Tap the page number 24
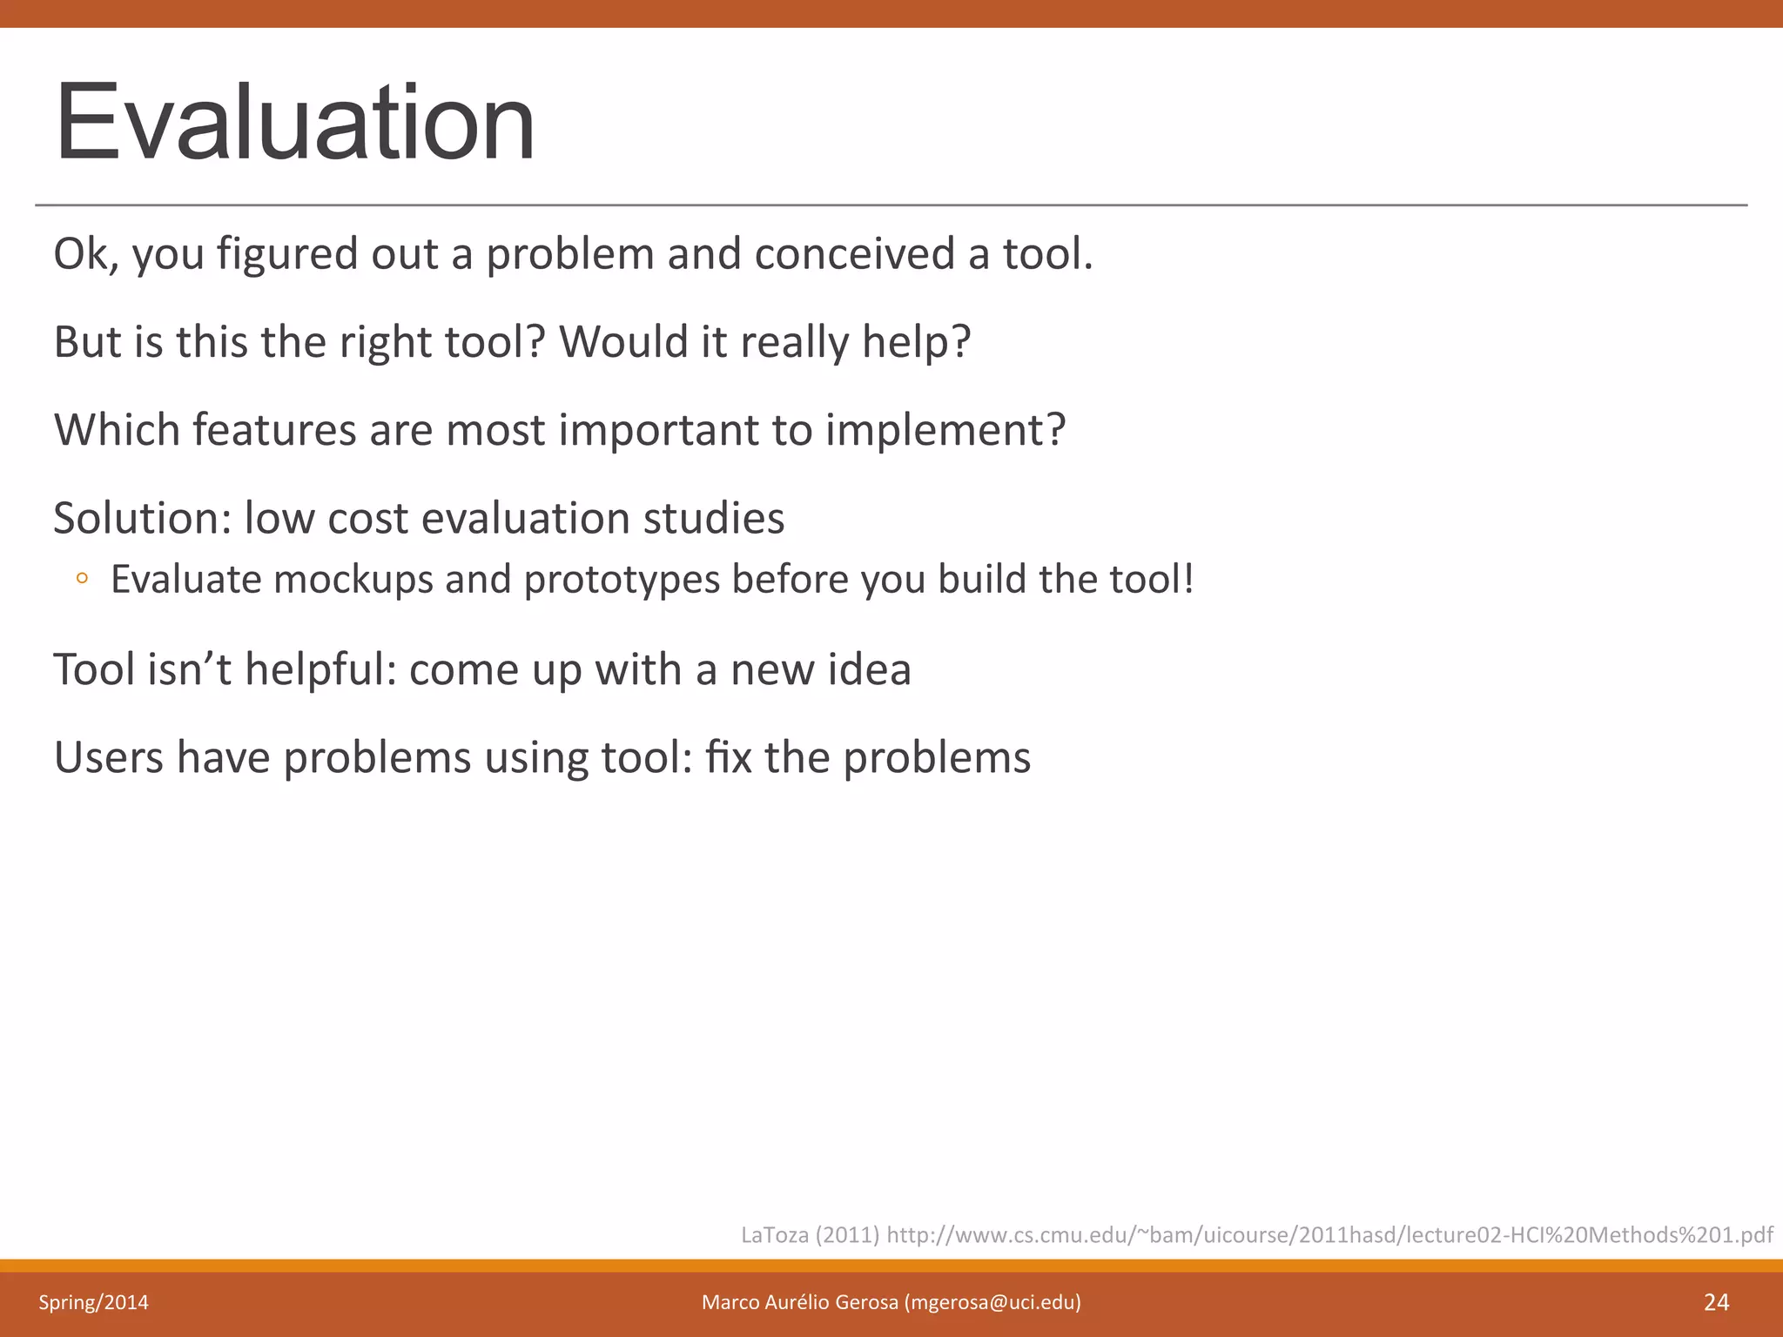1716,1302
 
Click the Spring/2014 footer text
93,1302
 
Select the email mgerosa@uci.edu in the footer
992,1302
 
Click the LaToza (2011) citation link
1256,1234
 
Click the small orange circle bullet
82,578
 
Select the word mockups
353,580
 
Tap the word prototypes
622,580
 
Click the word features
274,430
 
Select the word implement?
945,430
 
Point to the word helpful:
320,669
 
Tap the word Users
108,757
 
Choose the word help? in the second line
916,342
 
